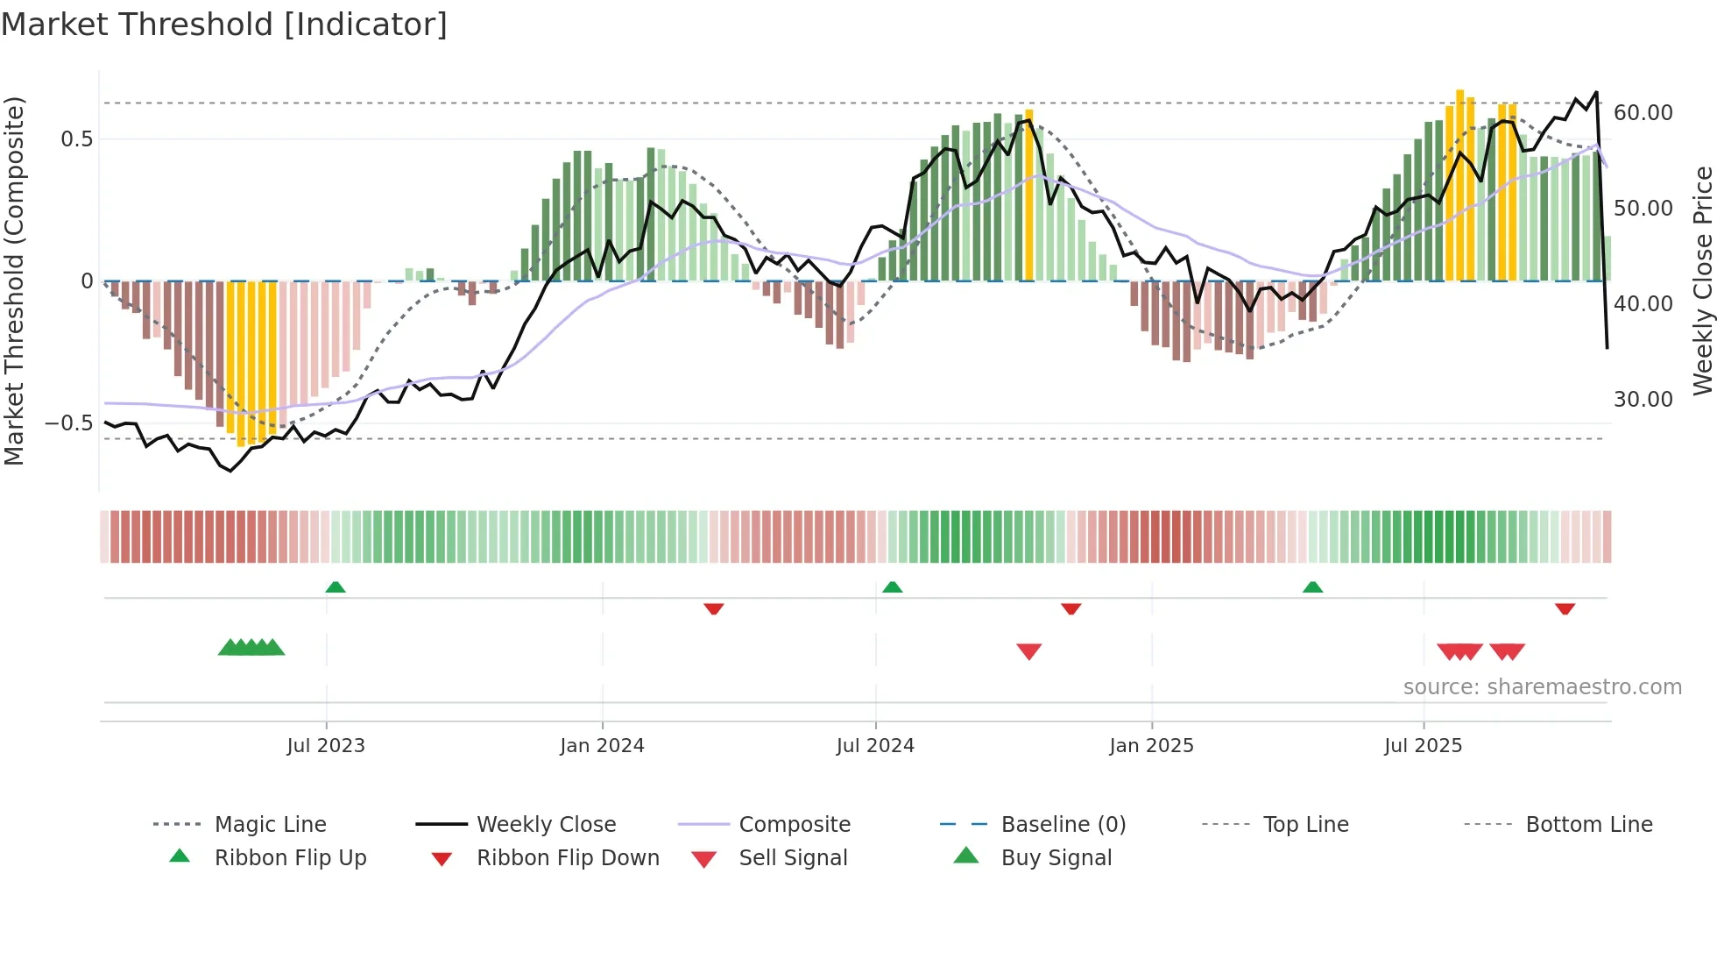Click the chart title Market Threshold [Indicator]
click(x=224, y=25)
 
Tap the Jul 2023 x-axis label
click(x=325, y=746)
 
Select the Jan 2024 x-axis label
click(x=602, y=746)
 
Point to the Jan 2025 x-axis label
click(x=1151, y=746)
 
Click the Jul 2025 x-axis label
click(x=1423, y=746)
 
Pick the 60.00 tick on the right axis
click(x=1643, y=113)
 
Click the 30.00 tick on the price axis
click(x=1643, y=400)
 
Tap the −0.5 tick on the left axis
click(x=68, y=423)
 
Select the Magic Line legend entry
click(x=270, y=825)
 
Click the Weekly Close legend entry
click(x=546, y=825)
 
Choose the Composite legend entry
click(x=794, y=825)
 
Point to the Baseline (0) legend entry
click(x=1063, y=825)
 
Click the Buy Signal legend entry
click(x=1056, y=858)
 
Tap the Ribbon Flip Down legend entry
click(x=567, y=858)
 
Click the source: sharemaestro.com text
click(x=1542, y=687)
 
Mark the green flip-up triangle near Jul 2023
click(x=336, y=587)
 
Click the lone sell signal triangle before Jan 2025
click(x=1028, y=651)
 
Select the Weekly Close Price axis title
click(x=1702, y=281)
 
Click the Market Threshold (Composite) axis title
click(x=14, y=281)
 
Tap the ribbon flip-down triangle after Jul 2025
click(x=1565, y=608)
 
